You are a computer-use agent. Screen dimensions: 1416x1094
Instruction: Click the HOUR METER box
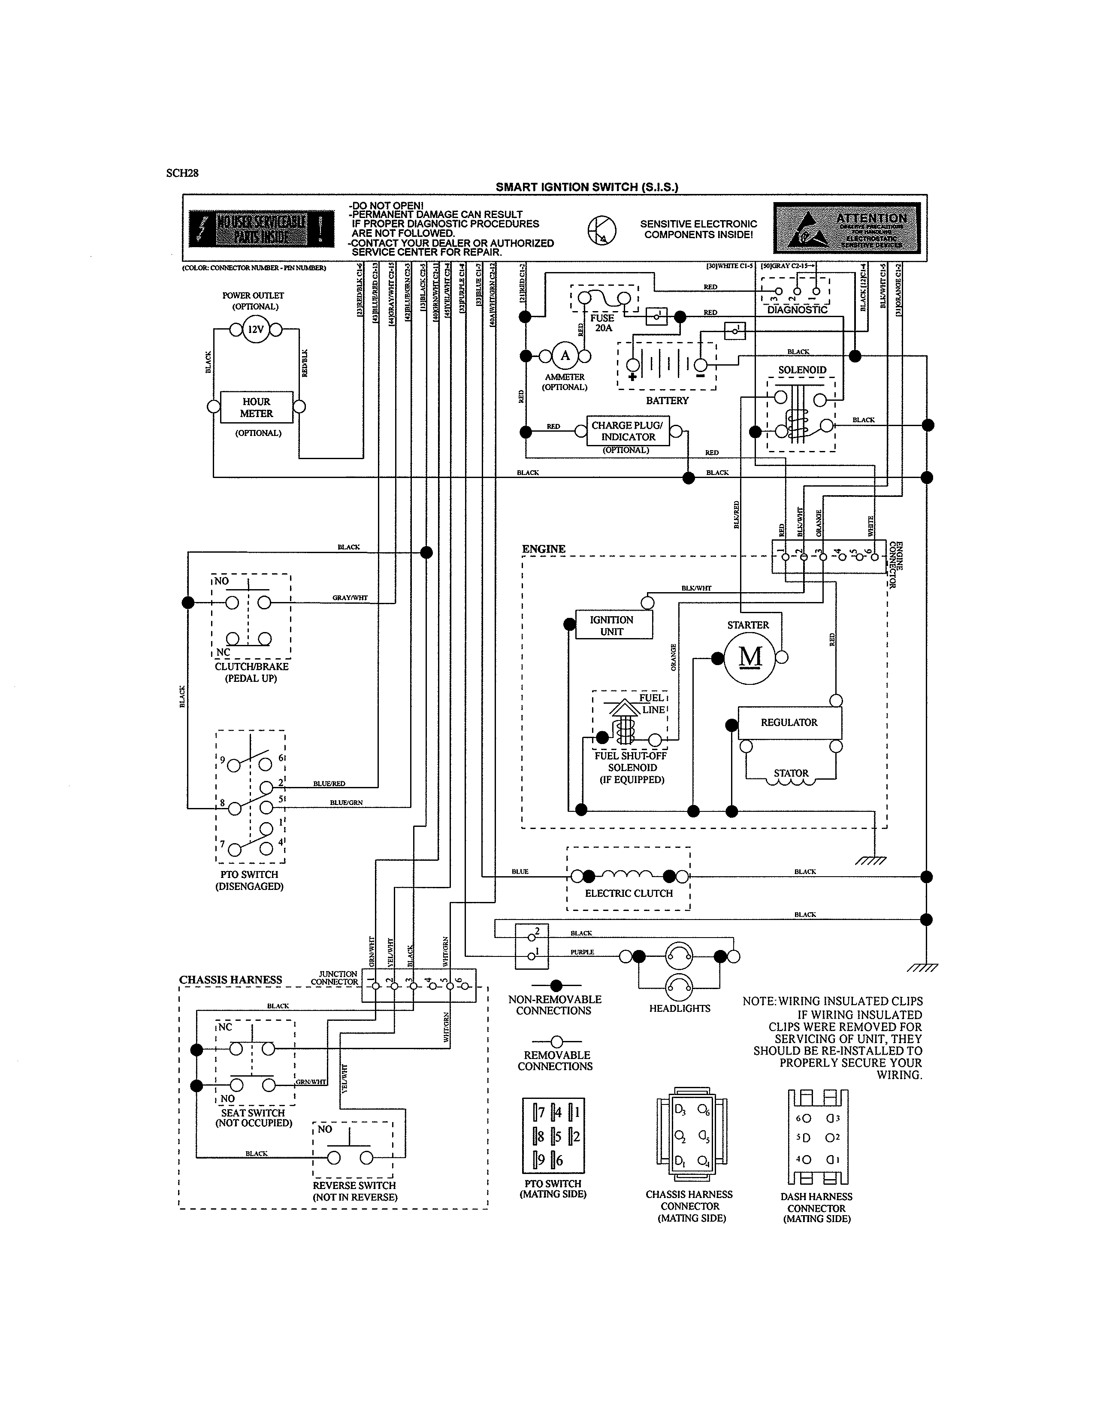256,407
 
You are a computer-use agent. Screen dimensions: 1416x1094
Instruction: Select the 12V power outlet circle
256,330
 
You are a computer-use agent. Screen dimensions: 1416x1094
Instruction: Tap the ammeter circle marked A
565,355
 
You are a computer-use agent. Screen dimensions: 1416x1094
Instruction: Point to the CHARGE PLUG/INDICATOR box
627,431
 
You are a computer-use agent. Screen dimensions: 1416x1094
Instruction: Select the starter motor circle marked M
750,657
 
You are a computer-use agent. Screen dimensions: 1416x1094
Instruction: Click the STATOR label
791,773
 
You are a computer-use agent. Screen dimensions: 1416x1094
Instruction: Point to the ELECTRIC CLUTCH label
629,893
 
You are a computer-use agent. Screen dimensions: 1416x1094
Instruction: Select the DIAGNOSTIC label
797,310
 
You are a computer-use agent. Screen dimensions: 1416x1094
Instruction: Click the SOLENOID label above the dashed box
802,370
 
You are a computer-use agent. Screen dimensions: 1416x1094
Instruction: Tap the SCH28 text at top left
182,173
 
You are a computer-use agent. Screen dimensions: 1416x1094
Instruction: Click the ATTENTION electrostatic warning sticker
846,227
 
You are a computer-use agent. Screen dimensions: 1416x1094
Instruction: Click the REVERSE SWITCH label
354,1185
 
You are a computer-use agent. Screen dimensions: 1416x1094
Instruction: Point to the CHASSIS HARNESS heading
231,980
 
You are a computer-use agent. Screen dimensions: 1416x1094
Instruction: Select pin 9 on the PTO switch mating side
539,1161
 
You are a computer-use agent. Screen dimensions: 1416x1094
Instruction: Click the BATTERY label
667,401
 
